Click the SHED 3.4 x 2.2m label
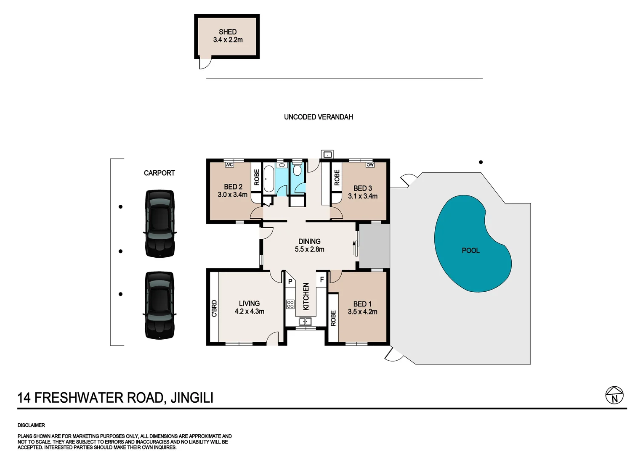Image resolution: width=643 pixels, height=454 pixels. pos(228,36)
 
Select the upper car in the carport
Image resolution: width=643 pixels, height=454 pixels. pos(159,224)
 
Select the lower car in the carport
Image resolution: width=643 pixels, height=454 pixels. pos(159,305)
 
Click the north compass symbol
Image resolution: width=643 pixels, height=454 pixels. pos(614,396)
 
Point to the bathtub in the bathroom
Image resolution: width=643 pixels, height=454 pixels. pos(268,179)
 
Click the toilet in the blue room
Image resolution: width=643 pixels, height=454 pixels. pos(297,170)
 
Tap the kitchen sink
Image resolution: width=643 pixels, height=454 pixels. pos(305,322)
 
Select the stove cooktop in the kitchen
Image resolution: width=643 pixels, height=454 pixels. pos(290,304)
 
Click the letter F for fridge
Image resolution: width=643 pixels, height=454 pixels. pos(322,280)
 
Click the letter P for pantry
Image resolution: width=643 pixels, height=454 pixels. pos(290,282)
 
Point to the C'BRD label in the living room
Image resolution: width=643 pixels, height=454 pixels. pos(214,308)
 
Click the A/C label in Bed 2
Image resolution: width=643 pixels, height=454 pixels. pos(229,165)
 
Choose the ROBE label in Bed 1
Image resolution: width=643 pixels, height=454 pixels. pos(333,318)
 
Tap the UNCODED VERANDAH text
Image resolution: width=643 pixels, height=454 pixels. pos(318,117)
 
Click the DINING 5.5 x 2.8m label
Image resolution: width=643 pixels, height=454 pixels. pos(309,245)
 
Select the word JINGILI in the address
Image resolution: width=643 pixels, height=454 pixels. pos(191,398)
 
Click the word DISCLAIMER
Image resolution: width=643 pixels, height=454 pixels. pos(31,425)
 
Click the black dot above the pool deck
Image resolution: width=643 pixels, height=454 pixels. pos(481,162)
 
